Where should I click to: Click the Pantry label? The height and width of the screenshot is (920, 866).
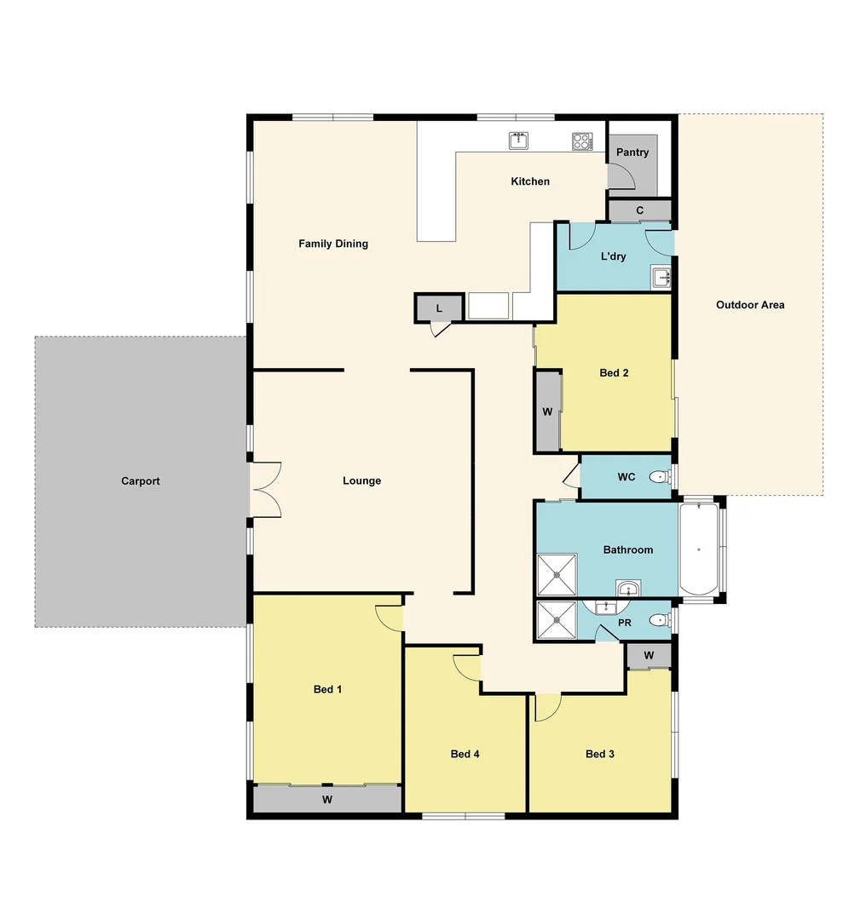click(x=632, y=152)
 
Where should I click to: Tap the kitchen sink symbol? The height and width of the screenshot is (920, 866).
click(x=518, y=141)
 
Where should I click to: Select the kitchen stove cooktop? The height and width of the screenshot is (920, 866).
click(x=582, y=141)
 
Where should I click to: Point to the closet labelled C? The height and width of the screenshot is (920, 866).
click(x=639, y=210)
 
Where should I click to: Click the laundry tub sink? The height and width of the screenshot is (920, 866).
click(x=661, y=277)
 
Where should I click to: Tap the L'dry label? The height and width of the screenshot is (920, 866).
click(x=614, y=256)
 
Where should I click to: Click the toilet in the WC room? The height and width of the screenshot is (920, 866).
click(x=659, y=477)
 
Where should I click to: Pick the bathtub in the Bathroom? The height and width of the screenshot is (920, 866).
click(x=700, y=549)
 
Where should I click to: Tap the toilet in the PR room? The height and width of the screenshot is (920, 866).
click(x=658, y=621)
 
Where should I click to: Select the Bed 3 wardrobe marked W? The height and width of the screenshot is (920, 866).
click(x=649, y=656)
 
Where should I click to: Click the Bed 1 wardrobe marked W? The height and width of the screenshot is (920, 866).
click(x=327, y=799)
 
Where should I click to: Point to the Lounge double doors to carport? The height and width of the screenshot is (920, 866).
click(x=266, y=489)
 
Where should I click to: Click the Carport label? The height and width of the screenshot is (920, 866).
click(x=141, y=481)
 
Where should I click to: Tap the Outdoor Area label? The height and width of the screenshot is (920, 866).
click(x=750, y=305)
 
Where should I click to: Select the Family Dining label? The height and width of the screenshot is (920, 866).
click(x=333, y=244)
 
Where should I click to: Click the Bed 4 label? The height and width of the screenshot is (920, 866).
click(x=465, y=754)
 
